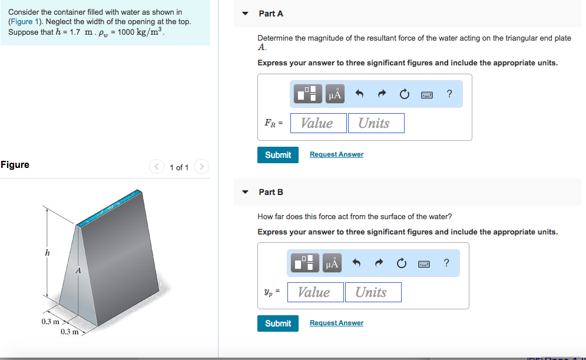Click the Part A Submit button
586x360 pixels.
[x=278, y=154]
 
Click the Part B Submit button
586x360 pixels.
[x=278, y=323]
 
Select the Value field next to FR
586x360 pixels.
[x=318, y=123]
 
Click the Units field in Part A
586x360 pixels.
[x=376, y=123]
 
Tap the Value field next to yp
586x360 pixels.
[x=315, y=292]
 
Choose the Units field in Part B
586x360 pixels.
[x=372, y=292]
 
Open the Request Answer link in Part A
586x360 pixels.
[x=336, y=154]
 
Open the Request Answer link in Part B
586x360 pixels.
[x=336, y=323]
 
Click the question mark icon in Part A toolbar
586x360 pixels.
[x=449, y=94]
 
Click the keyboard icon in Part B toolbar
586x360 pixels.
[x=424, y=263]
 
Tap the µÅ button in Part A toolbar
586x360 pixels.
[x=335, y=94]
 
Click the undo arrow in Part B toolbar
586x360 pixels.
[x=356, y=263]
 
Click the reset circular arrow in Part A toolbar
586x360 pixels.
[x=404, y=94]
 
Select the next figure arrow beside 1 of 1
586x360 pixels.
[x=201, y=167]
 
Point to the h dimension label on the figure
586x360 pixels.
[x=47, y=253]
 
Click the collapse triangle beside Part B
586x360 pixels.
[x=245, y=192]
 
